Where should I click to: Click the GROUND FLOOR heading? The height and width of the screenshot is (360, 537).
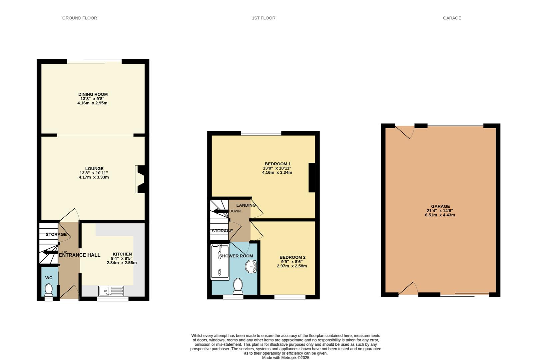(x=80, y=18)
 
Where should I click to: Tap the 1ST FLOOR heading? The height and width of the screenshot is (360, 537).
(x=264, y=18)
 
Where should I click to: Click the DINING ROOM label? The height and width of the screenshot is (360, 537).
(x=93, y=94)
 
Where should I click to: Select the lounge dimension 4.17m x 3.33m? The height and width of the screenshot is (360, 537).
(x=94, y=177)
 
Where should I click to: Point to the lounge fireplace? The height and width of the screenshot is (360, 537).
(x=140, y=179)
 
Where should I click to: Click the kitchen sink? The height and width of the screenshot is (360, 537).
(x=111, y=291)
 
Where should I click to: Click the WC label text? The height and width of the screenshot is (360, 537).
(x=49, y=278)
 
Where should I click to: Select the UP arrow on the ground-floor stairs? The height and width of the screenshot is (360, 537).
(x=50, y=252)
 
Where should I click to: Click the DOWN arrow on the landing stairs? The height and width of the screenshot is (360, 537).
(x=221, y=211)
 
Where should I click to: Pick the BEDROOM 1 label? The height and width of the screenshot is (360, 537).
(x=277, y=164)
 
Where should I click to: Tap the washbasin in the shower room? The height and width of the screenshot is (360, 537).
(x=251, y=266)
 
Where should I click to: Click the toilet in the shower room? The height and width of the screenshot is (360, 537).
(x=238, y=286)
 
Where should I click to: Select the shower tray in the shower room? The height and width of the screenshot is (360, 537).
(x=220, y=262)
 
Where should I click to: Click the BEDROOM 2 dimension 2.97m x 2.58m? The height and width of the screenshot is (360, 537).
(x=292, y=266)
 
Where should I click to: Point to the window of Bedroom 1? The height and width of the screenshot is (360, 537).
(x=261, y=133)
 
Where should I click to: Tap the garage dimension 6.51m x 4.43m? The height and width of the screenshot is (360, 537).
(x=440, y=215)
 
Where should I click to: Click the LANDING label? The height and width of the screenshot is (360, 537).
(x=246, y=205)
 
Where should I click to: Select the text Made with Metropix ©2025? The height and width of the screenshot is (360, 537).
(x=286, y=358)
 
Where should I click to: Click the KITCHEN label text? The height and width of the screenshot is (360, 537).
(x=122, y=254)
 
